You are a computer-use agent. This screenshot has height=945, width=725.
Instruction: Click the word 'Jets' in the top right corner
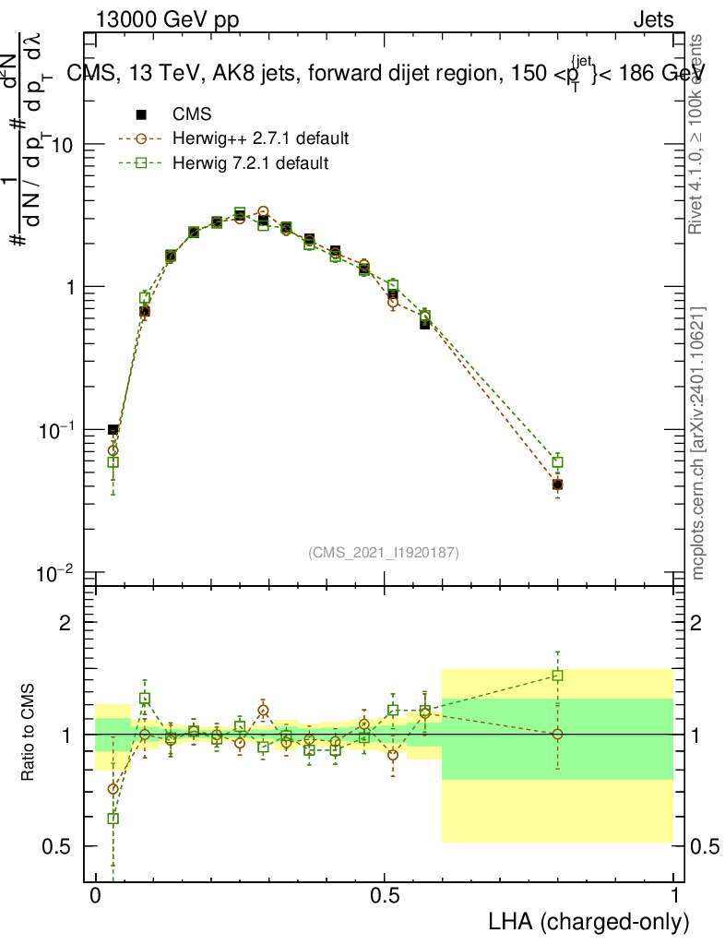(652, 19)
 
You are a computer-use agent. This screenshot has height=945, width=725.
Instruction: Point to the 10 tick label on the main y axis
(63, 145)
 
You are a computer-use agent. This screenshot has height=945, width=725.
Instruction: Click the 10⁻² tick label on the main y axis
(57, 573)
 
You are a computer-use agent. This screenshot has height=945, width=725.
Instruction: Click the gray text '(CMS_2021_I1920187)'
(384, 553)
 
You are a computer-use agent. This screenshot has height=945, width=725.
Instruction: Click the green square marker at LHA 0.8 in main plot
(557, 462)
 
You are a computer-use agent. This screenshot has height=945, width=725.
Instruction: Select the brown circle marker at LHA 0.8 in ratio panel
(557, 735)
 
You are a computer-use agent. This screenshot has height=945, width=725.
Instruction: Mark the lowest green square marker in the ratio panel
(113, 819)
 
